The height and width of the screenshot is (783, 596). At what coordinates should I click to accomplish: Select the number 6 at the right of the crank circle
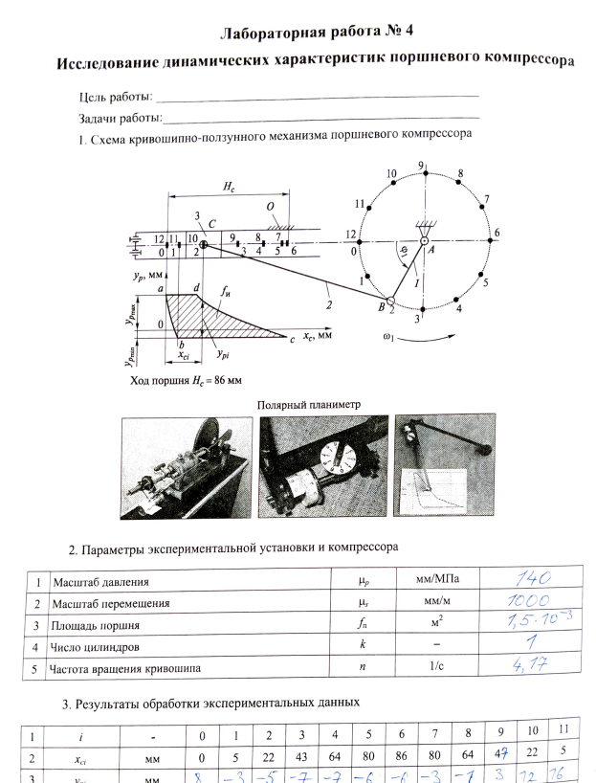click(x=497, y=233)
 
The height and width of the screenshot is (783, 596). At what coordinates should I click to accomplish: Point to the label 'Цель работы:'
click(x=115, y=99)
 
